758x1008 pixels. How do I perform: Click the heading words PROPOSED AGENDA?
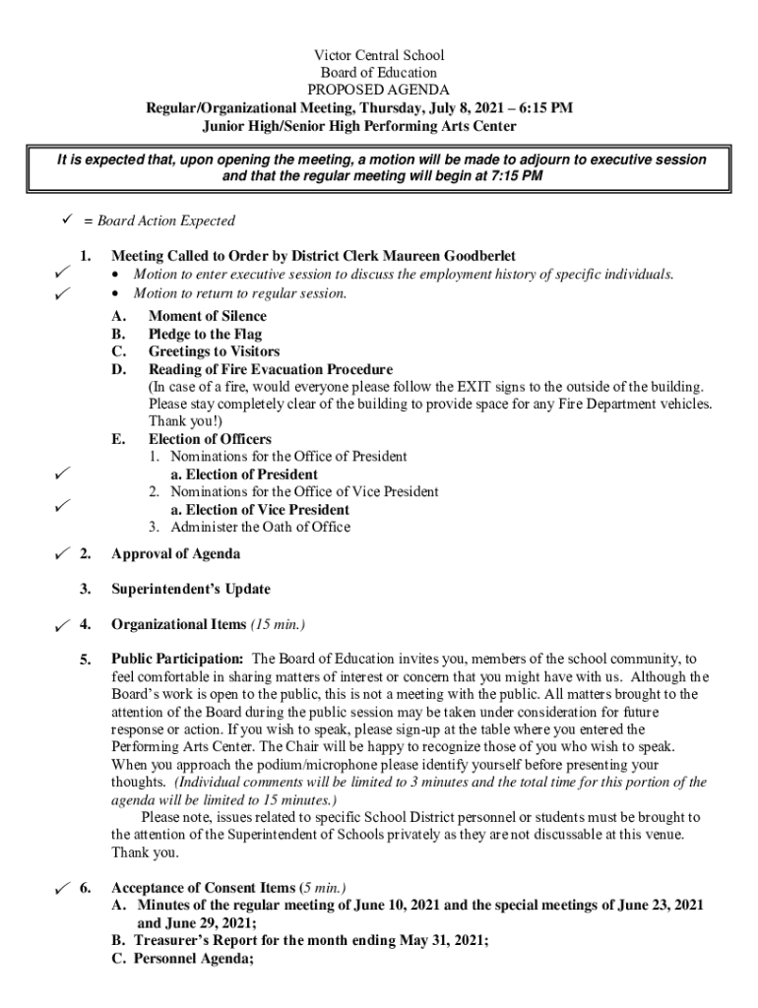pyautogui.click(x=379, y=91)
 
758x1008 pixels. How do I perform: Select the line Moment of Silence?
pyautogui.click(x=207, y=316)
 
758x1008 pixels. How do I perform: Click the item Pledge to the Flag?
pyautogui.click(x=205, y=334)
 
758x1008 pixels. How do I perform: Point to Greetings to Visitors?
pyautogui.click(x=214, y=351)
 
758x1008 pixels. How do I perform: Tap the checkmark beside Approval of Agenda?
pyautogui.click(x=61, y=554)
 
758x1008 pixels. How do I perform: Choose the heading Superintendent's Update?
pyautogui.click(x=191, y=590)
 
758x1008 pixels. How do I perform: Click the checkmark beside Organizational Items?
pyautogui.click(x=61, y=625)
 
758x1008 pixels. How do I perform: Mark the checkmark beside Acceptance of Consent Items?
pyautogui.click(x=61, y=888)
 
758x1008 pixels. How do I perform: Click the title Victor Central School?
pyautogui.click(x=379, y=55)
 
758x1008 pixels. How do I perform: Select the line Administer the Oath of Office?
pyautogui.click(x=260, y=527)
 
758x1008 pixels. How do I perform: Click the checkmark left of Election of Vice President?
pyautogui.click(x=61, y=506)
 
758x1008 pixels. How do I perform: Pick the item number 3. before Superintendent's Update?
pyautogui.click(x=87, y=590)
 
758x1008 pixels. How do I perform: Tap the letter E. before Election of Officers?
pyautogui.click(x=119, y=439)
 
